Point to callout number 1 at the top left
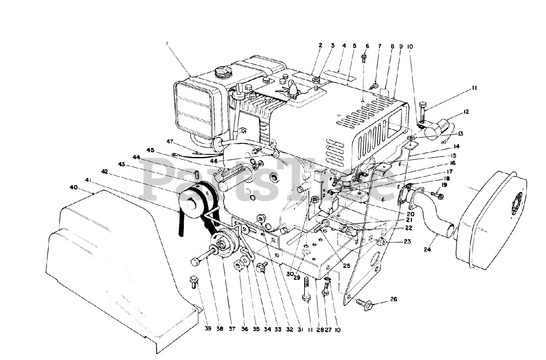(168, 43)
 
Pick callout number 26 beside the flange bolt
(393, 299)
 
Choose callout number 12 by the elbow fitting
(466, 112)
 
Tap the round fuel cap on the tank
(223, 72)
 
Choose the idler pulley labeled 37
(225, 245)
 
